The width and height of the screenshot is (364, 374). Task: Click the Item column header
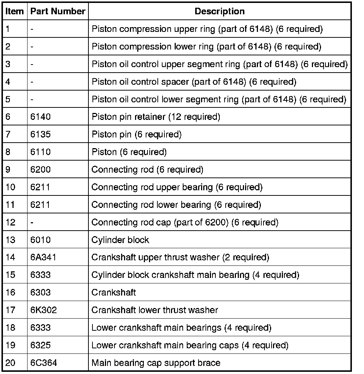click(14, 11)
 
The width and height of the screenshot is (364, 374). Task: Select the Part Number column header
click(58, 11)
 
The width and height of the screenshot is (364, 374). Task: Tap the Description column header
click(219, 11)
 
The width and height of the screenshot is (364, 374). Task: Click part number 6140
click(40, 117)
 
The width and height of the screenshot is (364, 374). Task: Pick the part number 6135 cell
click(40, 135)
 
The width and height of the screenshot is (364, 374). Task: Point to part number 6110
click(40, 152)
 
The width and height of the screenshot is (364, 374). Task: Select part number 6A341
click(43, 257)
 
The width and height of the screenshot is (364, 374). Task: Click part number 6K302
click(43, 310)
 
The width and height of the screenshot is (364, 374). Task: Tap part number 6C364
click(44, 363)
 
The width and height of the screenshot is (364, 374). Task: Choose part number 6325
click(40, 345)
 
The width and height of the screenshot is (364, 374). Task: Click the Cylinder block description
click(120, 240)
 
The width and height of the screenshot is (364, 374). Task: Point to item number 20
click(11, 363)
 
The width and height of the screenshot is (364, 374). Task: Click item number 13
click(11, 240)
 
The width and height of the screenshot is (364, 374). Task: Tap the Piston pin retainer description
click(156, 117)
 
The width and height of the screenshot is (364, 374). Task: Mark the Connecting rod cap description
click(185, 222)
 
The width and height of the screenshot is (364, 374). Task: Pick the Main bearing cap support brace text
click(156, 363)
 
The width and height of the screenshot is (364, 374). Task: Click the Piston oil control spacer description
click(193, 82)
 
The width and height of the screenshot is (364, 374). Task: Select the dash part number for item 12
click(32, 222)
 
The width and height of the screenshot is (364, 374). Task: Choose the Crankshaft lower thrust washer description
click(154, 310)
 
